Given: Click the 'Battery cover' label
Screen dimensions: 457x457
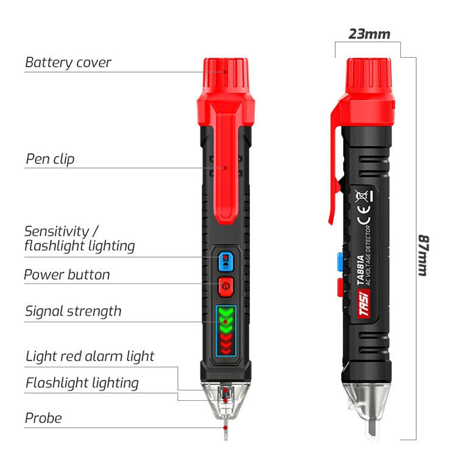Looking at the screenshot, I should coord(68,62).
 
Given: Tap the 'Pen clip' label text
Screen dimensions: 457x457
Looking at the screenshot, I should coord(50,160).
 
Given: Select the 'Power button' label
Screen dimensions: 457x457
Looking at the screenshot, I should coord(67,275).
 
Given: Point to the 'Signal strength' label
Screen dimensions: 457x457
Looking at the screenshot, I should coord(73,311).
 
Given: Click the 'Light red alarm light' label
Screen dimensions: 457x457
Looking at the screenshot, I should coord(90,356).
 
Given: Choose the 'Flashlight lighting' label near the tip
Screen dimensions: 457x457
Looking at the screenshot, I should coord(82,383).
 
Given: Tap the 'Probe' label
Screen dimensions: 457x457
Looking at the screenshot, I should coord(43,418).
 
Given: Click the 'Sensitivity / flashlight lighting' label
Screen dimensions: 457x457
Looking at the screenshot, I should coord(79,239).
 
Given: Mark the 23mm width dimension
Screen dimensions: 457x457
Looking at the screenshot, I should coord(369,34).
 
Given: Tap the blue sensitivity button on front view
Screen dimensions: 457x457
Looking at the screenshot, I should coord(225,260).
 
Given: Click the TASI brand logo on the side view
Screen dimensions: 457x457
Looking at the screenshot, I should coord(364,303).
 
